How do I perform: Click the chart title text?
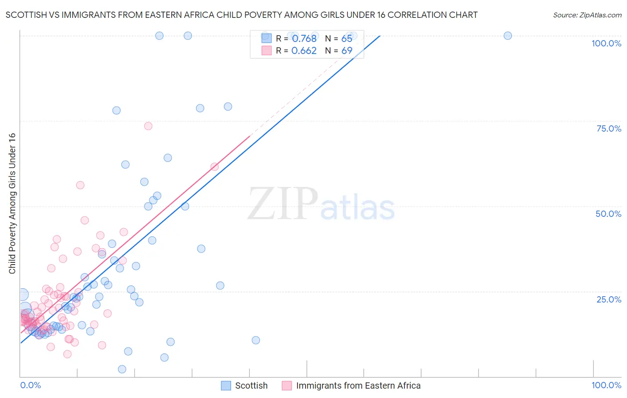pos(241,15)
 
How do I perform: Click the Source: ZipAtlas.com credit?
pos(587,15)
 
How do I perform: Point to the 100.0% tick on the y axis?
pos(606,43)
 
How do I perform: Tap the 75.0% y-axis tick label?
pos(609,129)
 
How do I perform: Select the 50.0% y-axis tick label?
pos(608,214)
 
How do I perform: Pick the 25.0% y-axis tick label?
pos(609,299)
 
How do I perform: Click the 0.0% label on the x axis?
pos(30,385)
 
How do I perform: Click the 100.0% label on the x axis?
pos(606,385)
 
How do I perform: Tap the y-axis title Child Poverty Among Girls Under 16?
pos(12,203)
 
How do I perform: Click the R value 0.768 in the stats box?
pos(304,39)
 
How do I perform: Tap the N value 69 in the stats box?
pos(347,51)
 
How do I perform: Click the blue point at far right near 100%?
pos(507,36)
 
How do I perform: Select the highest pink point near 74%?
pos(148,126)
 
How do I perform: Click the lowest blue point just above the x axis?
pos(122,369)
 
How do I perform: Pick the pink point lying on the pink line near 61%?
pos(214,167)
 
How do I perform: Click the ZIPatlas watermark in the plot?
pos(321,204)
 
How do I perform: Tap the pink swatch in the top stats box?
pos(266,51)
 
